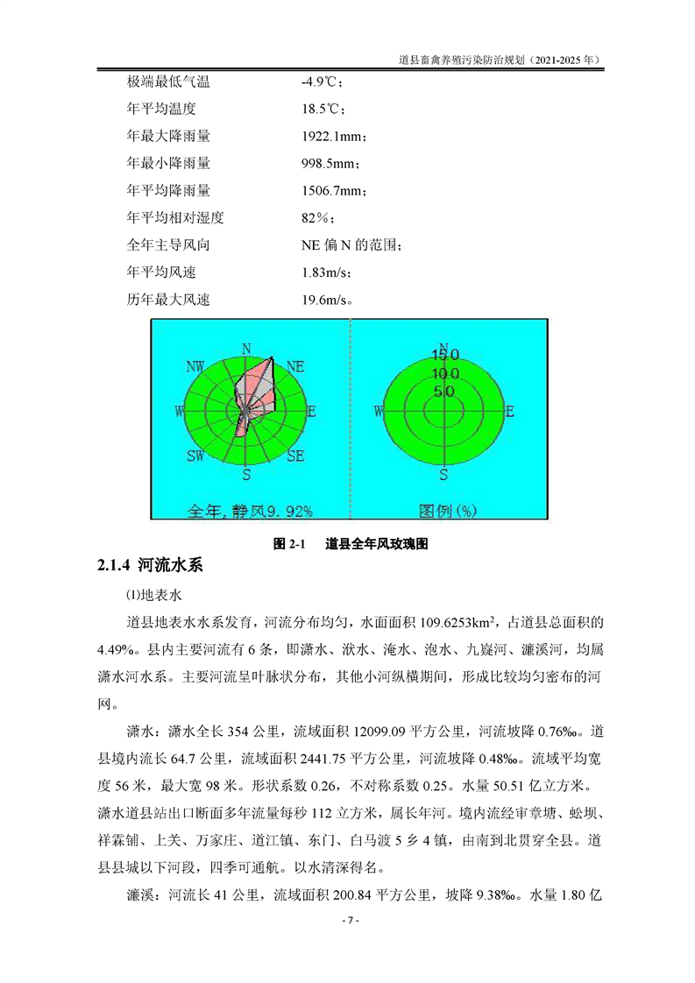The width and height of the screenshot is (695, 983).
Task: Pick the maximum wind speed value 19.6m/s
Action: (327, 300)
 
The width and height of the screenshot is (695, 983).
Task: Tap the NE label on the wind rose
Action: (295, 366)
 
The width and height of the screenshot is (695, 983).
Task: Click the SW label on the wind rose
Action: (195, 456)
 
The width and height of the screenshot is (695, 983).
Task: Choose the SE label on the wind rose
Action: (295, 456)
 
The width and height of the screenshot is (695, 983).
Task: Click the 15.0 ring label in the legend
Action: (444, 355)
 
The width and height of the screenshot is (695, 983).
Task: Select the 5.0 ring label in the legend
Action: (444, 392)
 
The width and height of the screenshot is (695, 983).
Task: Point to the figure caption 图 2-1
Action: (287, 544)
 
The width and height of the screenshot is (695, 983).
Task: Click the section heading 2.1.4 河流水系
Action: (150, 566)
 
